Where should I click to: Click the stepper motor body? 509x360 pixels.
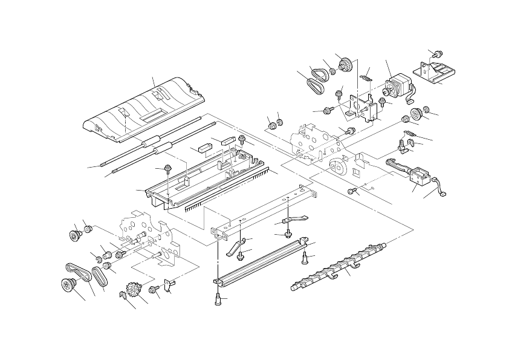pos(396,87)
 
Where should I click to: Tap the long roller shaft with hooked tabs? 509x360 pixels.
pos(339,266)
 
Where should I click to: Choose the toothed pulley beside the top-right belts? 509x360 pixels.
pos(346,62)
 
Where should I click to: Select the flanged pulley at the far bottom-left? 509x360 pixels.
pos(67,285)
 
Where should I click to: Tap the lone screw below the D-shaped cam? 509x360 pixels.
pos(351,191)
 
